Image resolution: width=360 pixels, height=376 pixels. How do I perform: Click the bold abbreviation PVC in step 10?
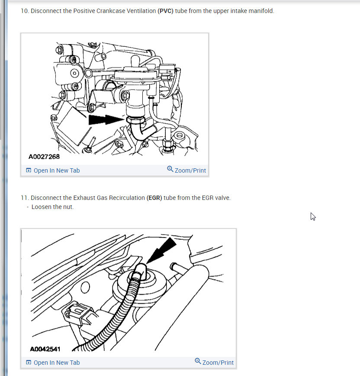[x=165, y=11]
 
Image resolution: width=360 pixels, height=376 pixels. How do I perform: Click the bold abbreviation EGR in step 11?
[x=154, y=198]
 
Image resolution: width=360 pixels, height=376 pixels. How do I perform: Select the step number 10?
[x=25, y=11]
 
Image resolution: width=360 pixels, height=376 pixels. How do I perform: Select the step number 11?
[x=25, y=198]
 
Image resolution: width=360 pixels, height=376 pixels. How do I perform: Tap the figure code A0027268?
[x=44, y=157]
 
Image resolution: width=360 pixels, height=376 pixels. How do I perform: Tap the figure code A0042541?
[x=45, y=349]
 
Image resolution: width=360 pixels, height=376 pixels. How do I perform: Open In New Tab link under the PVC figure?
[x=53, y=170]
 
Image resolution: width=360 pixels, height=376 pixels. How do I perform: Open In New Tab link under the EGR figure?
[x=53, y=363]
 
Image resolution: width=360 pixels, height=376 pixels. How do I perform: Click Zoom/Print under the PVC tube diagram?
[x=186, y=170]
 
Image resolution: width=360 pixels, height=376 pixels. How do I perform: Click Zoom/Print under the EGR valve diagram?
[x=214, y=362]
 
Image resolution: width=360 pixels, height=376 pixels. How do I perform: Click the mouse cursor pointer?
[x=313, y=216]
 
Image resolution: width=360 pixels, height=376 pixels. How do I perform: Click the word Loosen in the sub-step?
[x=41, y=207]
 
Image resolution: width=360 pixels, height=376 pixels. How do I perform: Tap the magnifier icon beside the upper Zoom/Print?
[x=170, y=169]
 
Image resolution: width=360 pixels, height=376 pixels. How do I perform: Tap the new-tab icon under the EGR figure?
[x=29, y=362]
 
